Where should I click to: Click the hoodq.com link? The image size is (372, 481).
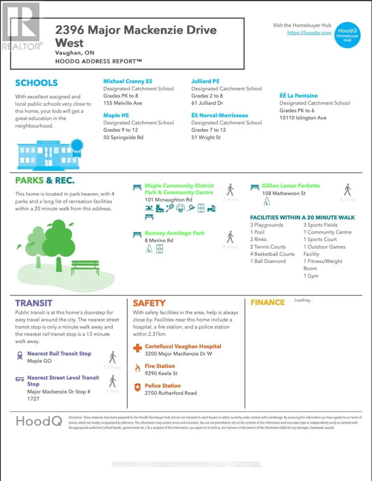tap(309, 33)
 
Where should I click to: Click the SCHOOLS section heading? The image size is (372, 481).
tap(37, 83)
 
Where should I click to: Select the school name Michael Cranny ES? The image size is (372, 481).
tap(128, 81)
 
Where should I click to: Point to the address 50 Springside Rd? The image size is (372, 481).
tap(123, 137)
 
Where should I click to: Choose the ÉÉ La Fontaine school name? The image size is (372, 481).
tap(299, 96)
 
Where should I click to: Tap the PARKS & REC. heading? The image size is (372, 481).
tap(45, 180)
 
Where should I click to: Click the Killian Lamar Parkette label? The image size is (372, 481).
tap(290, 186)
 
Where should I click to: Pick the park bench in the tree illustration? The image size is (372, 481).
tap(85, 267)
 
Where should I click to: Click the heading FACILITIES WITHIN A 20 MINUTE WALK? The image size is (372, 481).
tap(302, 217)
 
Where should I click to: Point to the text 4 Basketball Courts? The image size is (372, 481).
tap(272, 254)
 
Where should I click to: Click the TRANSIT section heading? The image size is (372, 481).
tap(34, 303)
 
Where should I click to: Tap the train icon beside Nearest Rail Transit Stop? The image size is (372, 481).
tap(19, 355)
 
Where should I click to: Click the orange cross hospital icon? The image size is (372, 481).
tap(138, 348)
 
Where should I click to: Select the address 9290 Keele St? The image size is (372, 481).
tap(161, 374)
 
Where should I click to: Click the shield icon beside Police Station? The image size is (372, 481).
tap(138, 387)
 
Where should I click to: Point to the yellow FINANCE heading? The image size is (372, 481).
tap(267, 302)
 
